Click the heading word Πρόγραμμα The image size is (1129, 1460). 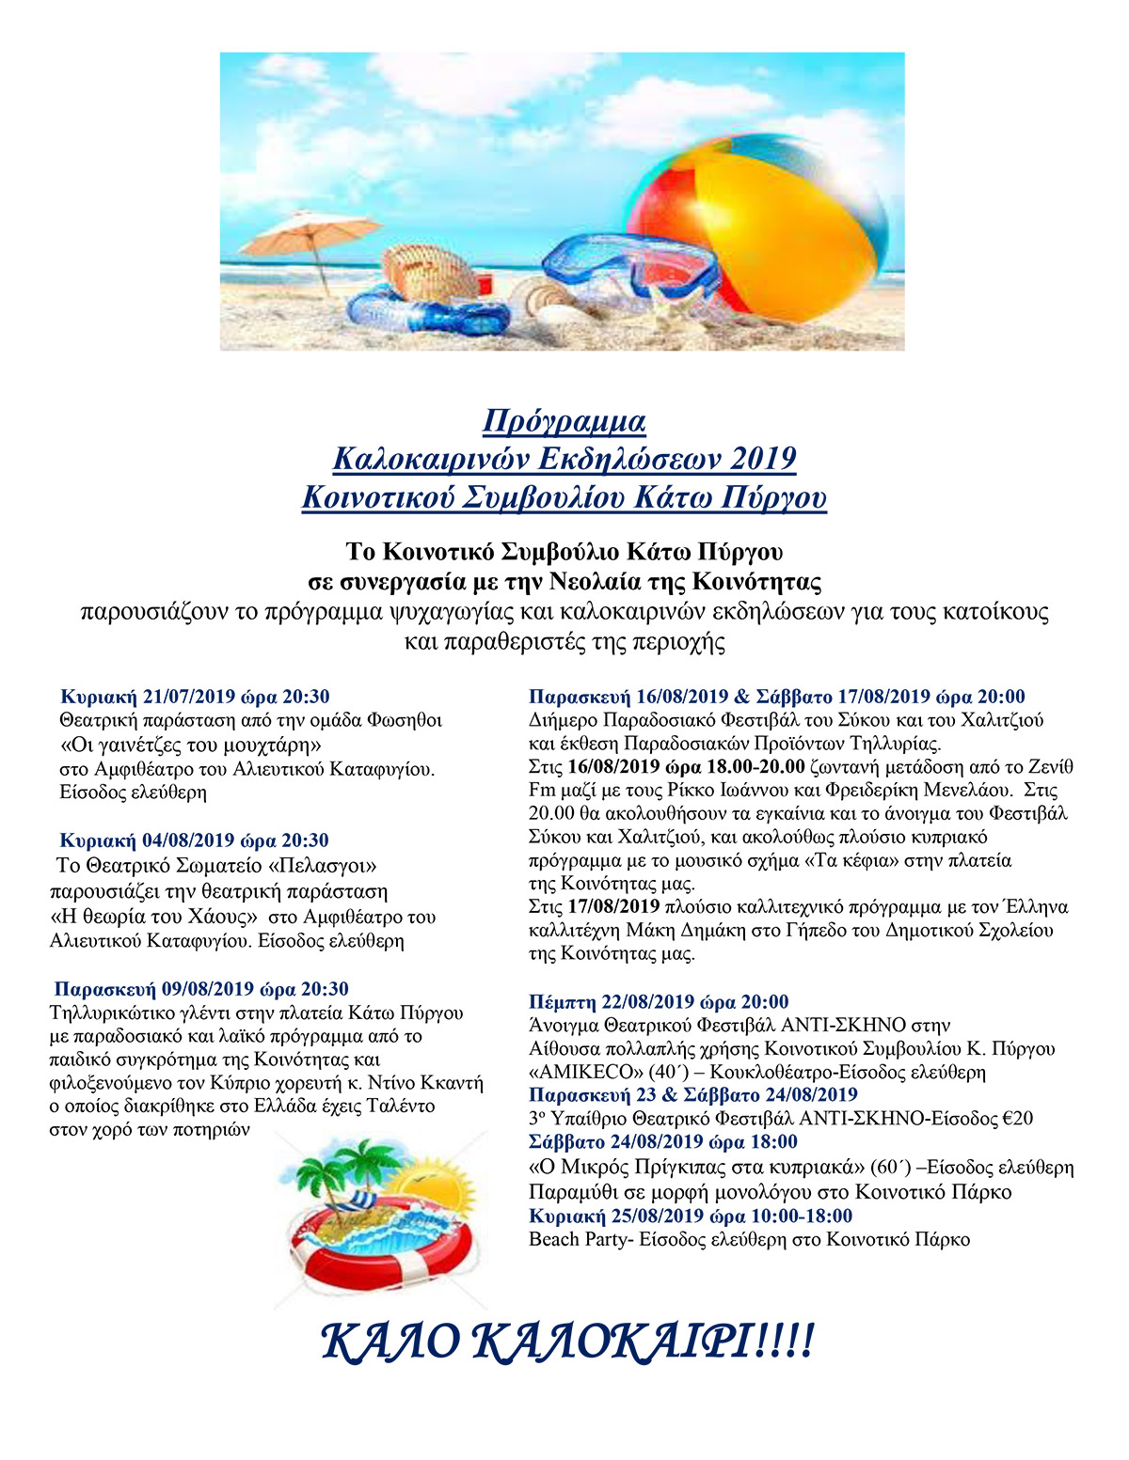(564, 420)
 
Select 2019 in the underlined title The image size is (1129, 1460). (762, 459)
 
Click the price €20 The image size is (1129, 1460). (1018, 1119)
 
